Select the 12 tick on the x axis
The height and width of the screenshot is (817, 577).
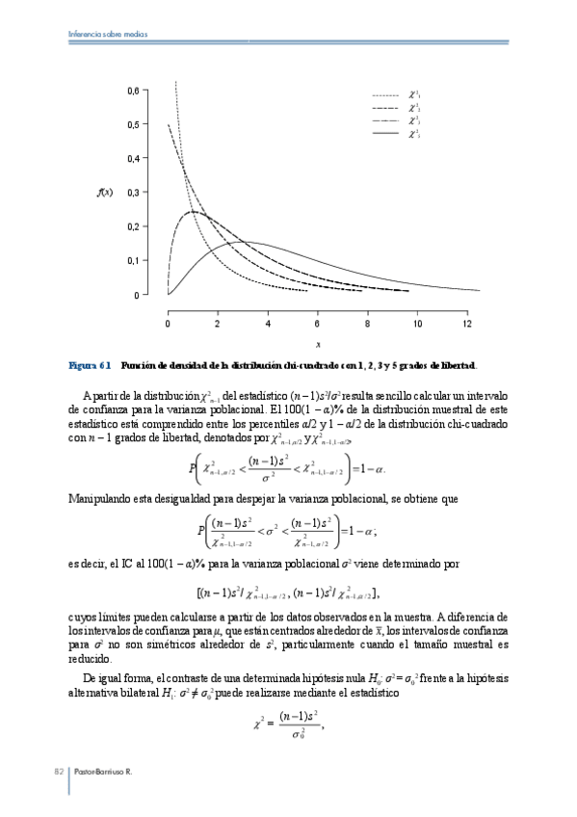pos(467,324)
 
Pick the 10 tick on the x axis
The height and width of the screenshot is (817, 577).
pos(417,324)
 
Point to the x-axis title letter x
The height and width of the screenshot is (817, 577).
pos(318,344)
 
